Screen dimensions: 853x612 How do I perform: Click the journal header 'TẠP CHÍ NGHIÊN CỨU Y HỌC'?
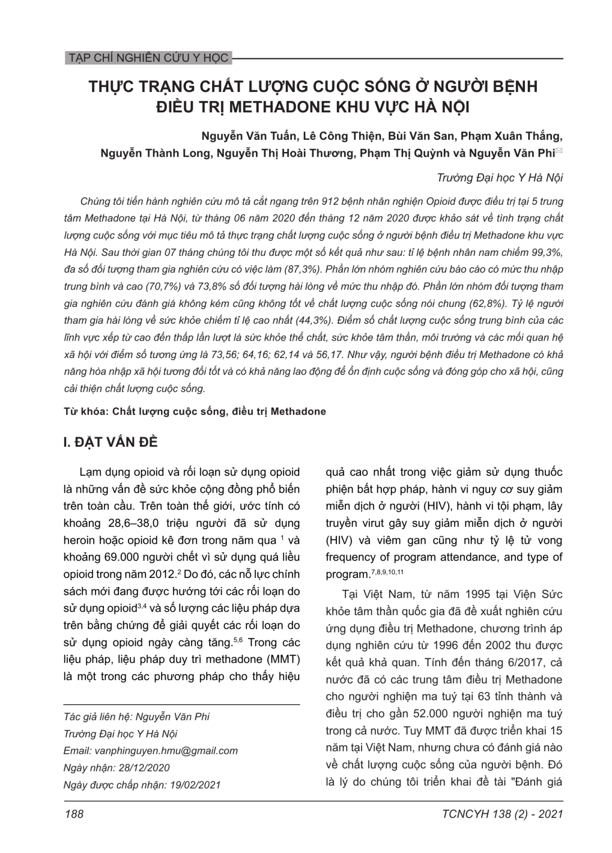point(147,58)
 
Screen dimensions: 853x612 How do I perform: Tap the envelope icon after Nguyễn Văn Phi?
point(559,152)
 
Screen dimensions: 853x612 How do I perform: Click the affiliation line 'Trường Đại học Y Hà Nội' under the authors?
point(499,178)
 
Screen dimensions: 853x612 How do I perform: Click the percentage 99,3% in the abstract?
point(544,252)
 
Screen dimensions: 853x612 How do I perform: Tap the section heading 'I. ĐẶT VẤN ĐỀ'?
point(111,442)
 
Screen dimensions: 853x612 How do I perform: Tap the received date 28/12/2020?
point(141,768)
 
